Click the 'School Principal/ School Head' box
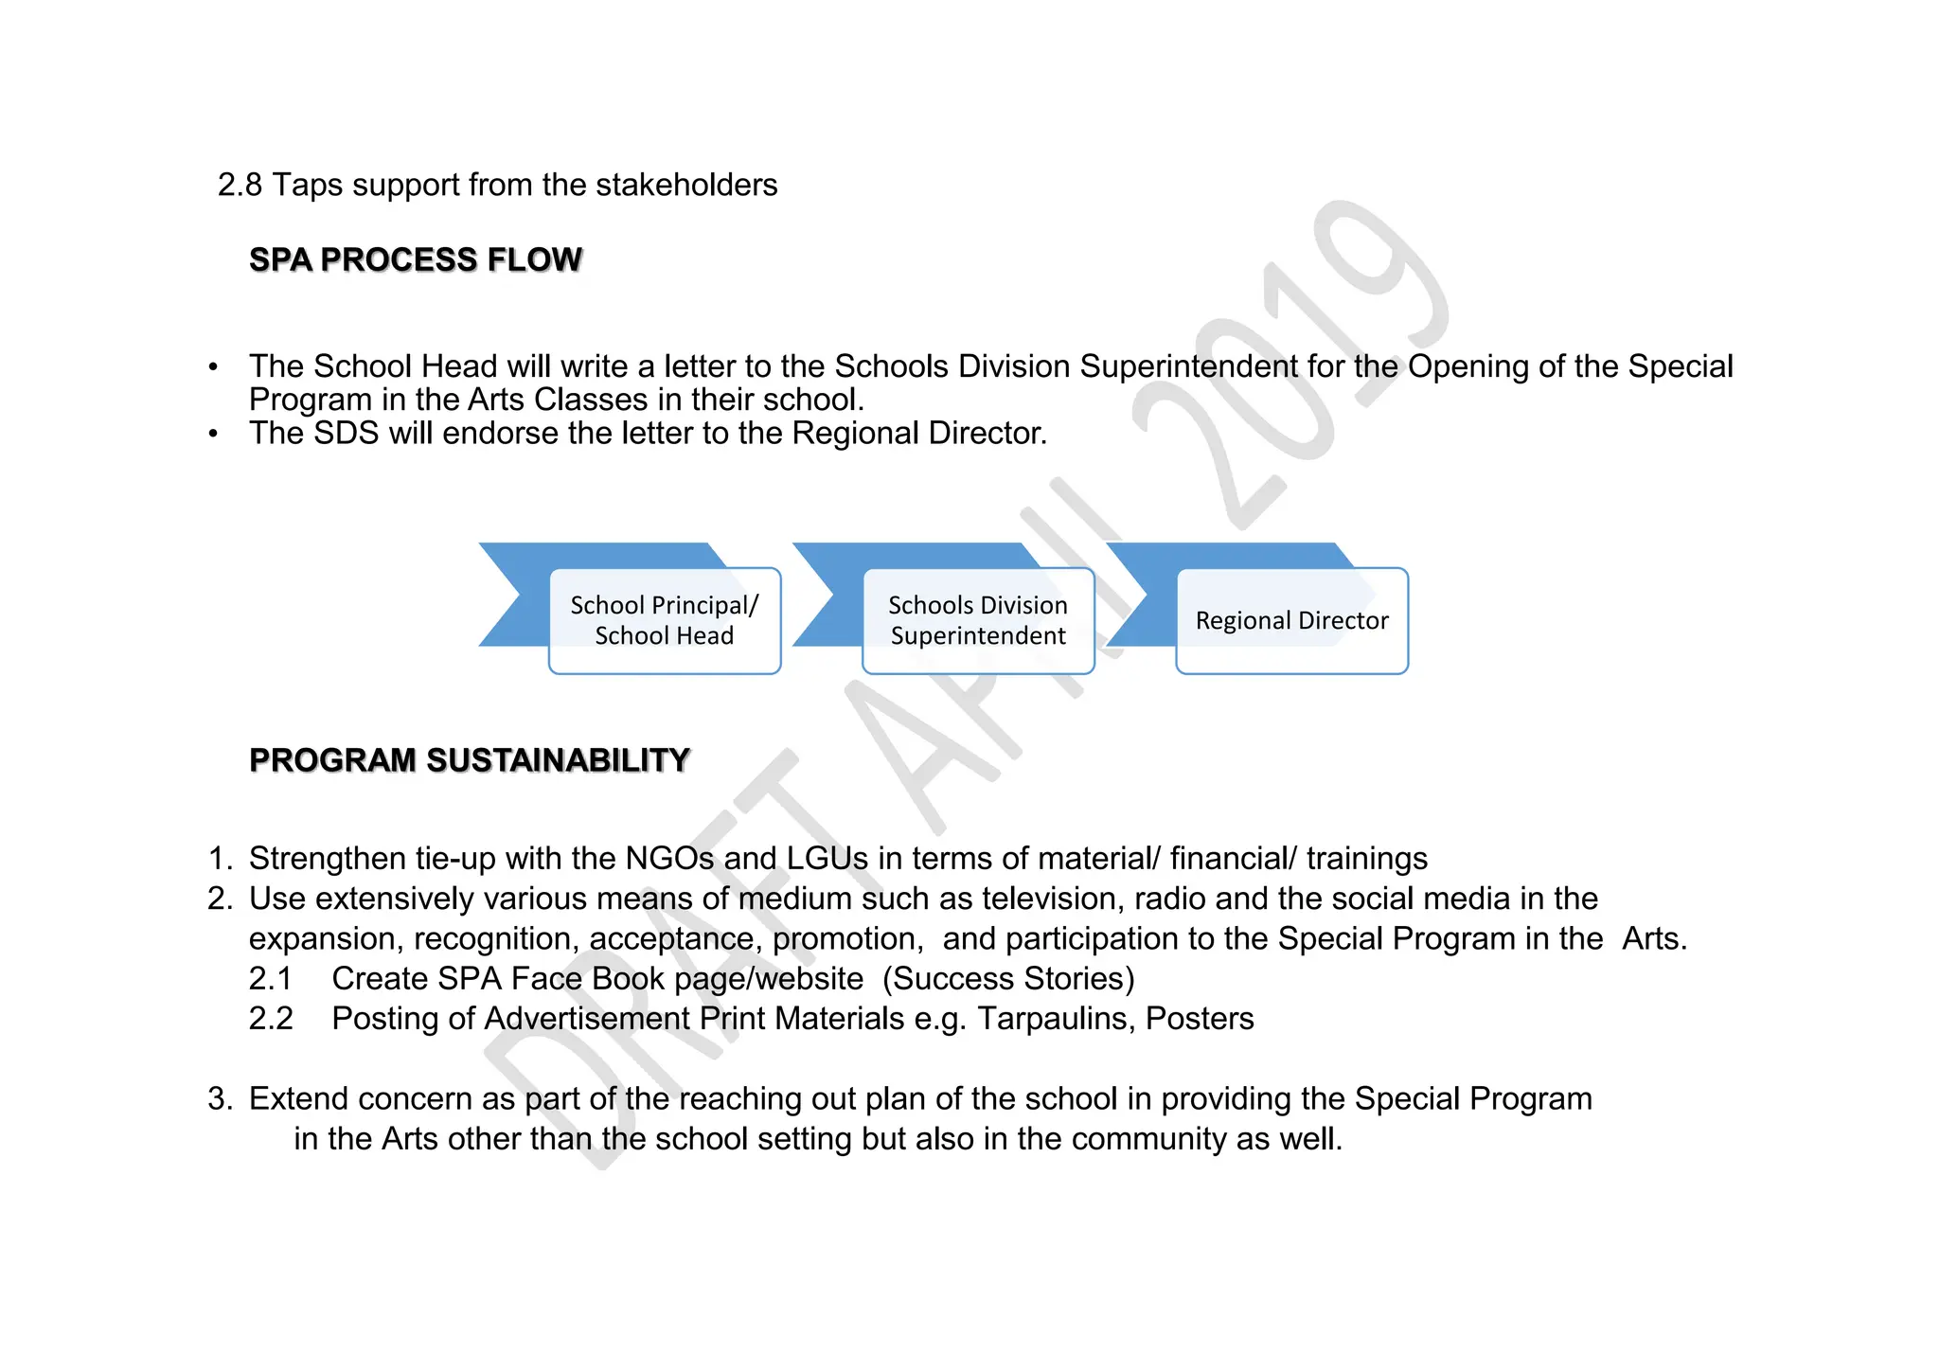[x=665, y=620]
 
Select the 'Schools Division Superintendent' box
[x=978, y=620]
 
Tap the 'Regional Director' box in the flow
[x=1291, y=620]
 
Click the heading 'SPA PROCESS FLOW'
[x=415, y=259]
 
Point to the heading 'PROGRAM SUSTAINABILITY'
[x=469, y=760]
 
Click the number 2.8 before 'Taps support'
[x=240, y=185]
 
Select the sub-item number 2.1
[x=271, y=978]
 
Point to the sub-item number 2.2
[x=271, y=1018]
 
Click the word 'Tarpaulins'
[x=1057, y=1018]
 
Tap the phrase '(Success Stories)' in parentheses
[x=1008, y=978]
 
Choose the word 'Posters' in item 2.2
[x=1200, y=1018]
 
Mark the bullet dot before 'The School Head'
[x=214, y=367]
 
